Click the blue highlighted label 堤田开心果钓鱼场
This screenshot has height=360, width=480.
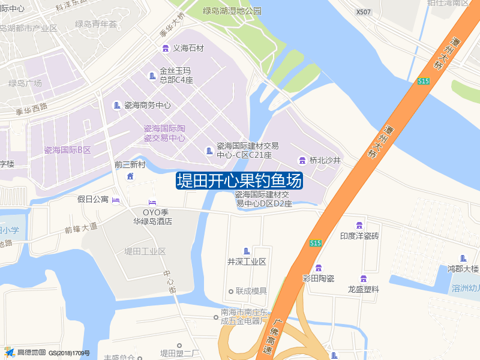click(239, 181)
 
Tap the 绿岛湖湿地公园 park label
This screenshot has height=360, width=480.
click(232, 11)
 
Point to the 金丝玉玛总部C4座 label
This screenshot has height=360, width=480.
click(176, 75)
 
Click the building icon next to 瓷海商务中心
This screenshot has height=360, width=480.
click(117, 105)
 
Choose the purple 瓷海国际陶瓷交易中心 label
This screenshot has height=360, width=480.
click(164, 133)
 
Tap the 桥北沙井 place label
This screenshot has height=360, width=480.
click(325, 160)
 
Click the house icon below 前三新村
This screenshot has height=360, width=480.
click(130, 176)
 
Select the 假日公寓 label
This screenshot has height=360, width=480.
click(93, 199)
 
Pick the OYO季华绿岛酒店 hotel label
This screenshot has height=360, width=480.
click(152, 216)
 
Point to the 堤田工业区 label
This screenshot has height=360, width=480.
click(145, 251)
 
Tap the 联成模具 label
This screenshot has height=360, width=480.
click(251, 291)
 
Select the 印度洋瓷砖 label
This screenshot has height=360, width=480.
click(359, 236)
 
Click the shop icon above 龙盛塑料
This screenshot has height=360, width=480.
click(363, 278)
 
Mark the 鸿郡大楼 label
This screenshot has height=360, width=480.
click(463, 268)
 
